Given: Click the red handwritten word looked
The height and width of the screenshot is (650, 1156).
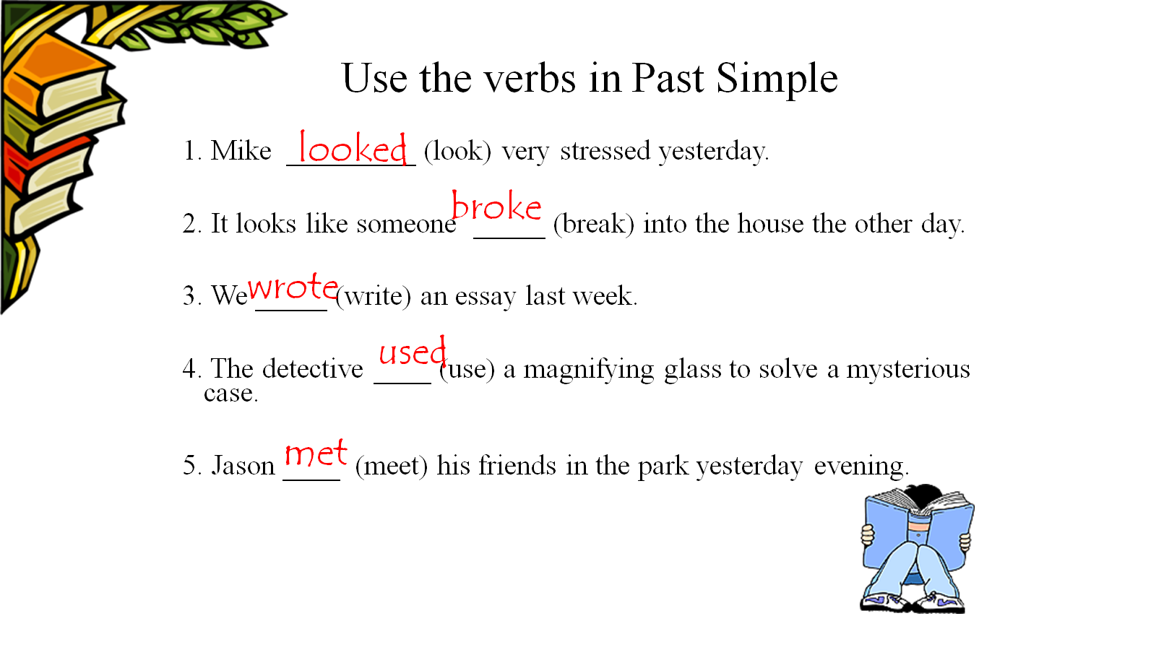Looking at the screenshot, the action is point(353,148).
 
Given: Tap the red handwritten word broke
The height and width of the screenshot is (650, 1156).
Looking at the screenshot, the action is point(496,206).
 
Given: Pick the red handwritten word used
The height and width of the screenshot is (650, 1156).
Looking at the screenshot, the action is point(413,351).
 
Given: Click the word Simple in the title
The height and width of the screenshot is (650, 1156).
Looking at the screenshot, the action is point(777,79).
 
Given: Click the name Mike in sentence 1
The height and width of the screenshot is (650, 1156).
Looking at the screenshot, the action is point(241,151).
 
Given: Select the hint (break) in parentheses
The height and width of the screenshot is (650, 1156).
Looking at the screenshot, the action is point(594,225).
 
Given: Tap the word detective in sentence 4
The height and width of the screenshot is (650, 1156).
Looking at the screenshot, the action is point(313,369).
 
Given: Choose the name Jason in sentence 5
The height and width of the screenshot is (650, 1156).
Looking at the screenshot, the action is point(243,465).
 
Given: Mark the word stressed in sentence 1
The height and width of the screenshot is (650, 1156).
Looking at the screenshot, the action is point(605,151).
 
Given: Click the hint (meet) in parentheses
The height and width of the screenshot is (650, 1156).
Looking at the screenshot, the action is point(392,467).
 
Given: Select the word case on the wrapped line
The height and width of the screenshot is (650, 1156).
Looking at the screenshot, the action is point(230,394).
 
